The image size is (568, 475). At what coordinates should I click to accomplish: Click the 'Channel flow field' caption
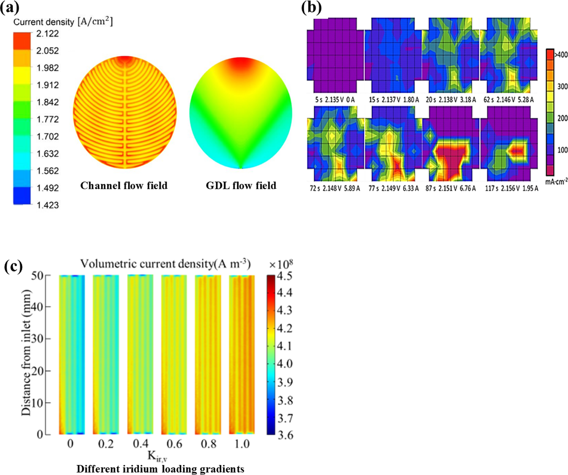(x=124, y=185)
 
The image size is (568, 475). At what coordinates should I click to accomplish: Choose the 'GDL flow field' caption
(x=241, y=185)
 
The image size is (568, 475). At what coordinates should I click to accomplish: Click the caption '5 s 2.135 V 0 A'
(x=335, y=100)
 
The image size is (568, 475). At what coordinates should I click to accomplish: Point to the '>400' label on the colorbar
(x=561, y=55)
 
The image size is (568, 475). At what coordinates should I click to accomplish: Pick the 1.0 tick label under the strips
(x=242, y=444)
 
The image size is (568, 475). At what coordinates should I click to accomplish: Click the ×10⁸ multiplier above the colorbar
(x=281, y=264)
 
